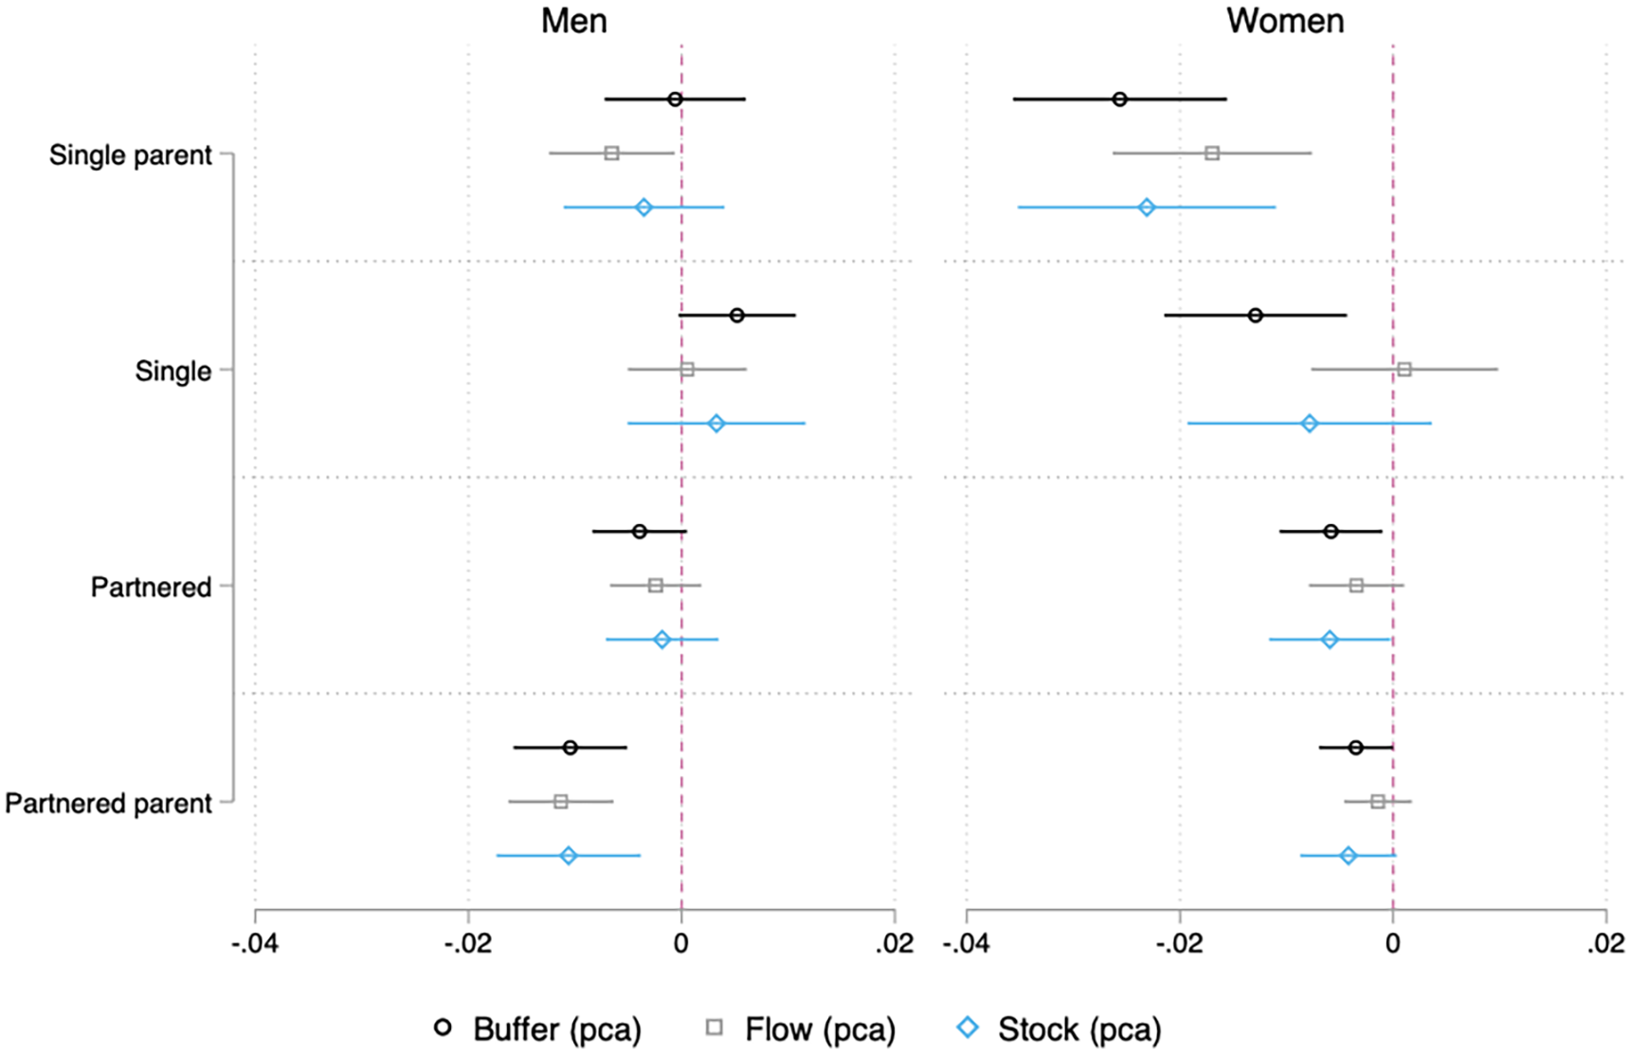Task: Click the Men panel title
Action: click(573, 21)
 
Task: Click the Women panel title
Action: click(1285, 21)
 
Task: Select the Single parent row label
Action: click(131, 155)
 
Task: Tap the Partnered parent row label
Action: click(108, 804)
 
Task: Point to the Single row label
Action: click(173, 371)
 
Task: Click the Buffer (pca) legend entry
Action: click(537, 1029)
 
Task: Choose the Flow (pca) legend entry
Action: click(801, 1029)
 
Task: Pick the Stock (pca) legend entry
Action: click(1060, 1029)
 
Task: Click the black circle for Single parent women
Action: click(1120, 100)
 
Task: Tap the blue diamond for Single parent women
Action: click(1147, 207)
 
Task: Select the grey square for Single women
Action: click(1404, 369)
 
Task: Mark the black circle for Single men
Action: click(737, 316)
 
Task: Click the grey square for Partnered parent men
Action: click(561, 802)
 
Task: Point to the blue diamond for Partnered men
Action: click(662, 640)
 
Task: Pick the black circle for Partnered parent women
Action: click(1356, 748)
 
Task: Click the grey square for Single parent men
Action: click(612, 154)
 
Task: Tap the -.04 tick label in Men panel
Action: click(255, 944)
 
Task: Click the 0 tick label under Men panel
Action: click(681, 944)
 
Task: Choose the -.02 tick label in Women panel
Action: click(1180, 944)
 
